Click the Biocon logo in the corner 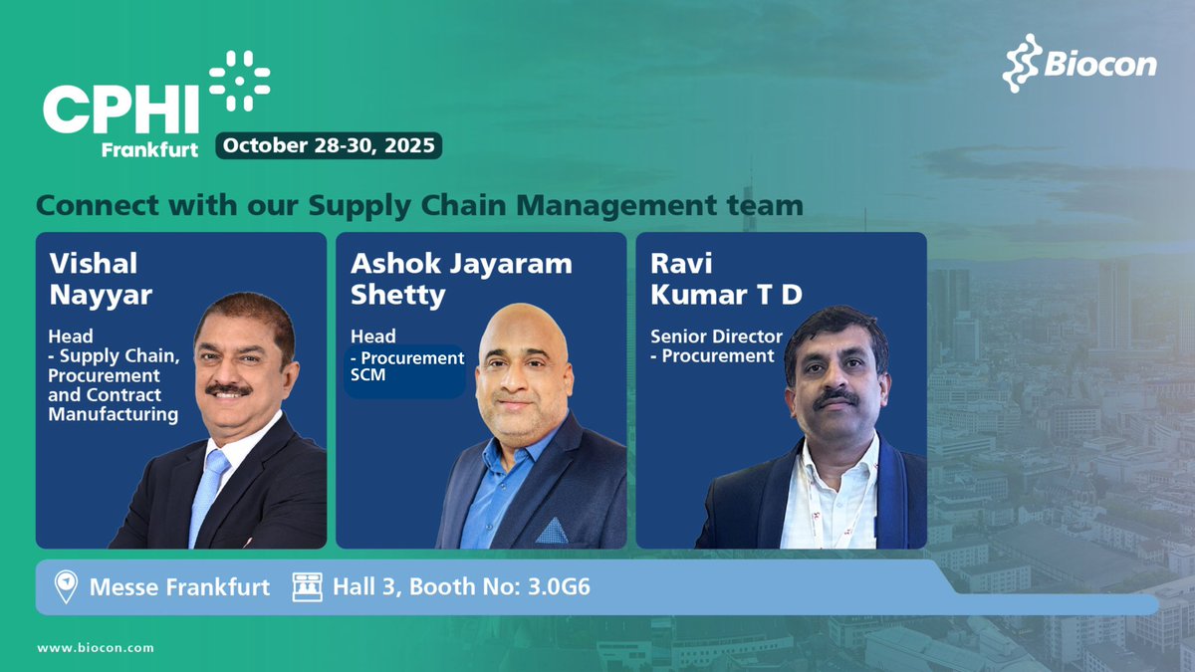[x=1079, y=64]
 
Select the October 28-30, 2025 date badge [x=329, y=145]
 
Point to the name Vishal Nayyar [x=95, y=278]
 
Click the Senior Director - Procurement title [x=716, y=345]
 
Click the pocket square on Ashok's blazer [x=552, y=530]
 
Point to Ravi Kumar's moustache [x=837, y=397]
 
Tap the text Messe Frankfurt [x=179, y=587]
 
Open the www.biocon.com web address [x=96, y=648]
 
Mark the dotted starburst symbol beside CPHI [x=239, y=80]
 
